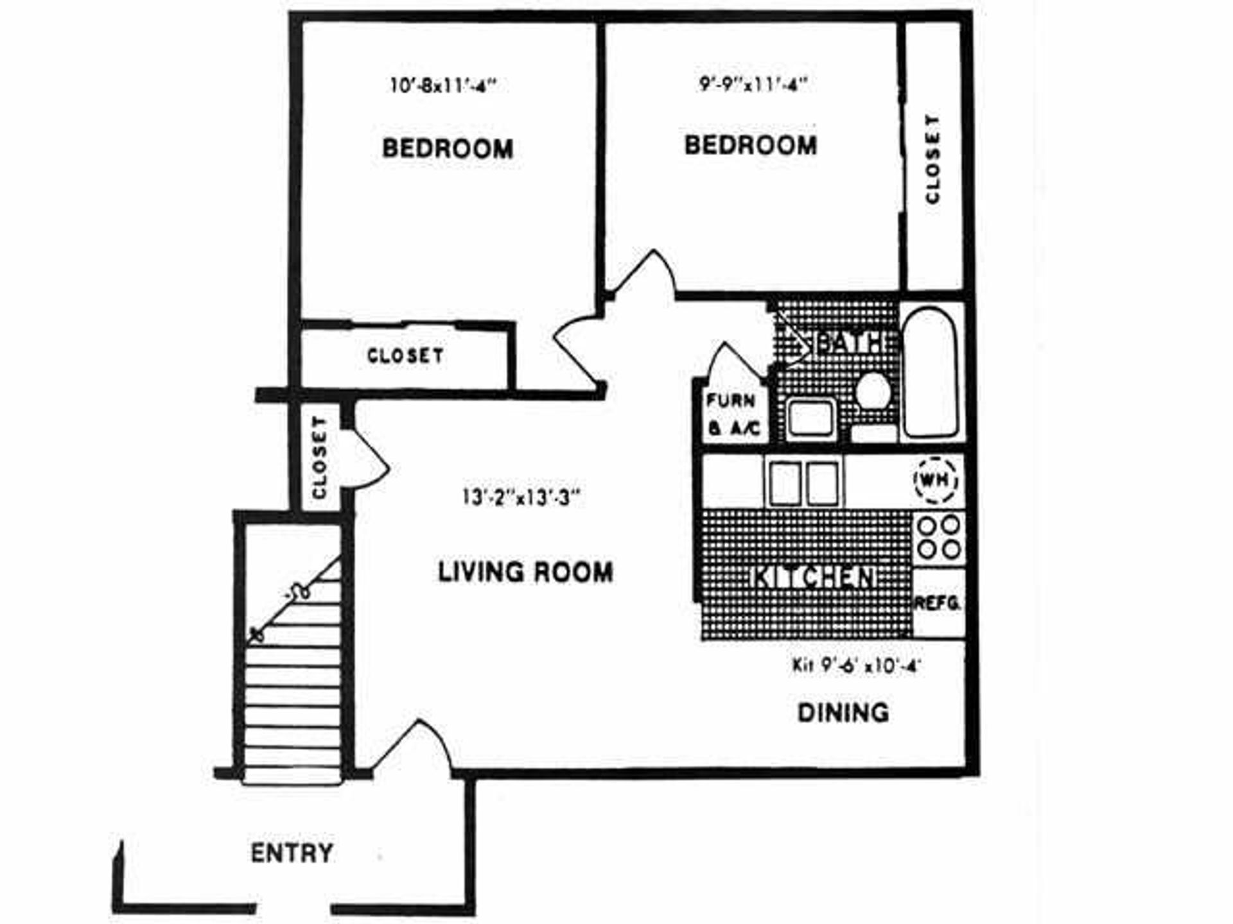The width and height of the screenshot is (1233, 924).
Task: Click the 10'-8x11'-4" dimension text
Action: click(444, 85)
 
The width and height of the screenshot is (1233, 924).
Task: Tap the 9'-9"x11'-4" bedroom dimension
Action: click(753, 84)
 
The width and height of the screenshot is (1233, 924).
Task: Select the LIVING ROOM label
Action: click(525, 572)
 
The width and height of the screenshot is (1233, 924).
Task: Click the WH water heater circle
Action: click(936, 479)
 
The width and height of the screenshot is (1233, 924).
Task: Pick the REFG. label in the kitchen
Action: click(938, 603)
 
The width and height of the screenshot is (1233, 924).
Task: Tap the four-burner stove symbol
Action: click(938, 537)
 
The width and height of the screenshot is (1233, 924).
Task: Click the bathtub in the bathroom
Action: click(930, 372)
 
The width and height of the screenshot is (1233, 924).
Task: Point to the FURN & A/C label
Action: click(733, 415)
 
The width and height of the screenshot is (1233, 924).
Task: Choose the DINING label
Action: click(843, 713)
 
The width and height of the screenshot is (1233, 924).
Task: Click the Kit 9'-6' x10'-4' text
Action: click(857, 665)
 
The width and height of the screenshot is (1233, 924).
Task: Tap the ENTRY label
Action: click(292, 853)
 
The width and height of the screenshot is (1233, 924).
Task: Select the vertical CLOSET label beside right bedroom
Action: click(932, 159)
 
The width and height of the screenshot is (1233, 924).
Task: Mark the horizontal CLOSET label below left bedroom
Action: click(405, 355)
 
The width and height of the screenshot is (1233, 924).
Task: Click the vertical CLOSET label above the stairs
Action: click(320, 457)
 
